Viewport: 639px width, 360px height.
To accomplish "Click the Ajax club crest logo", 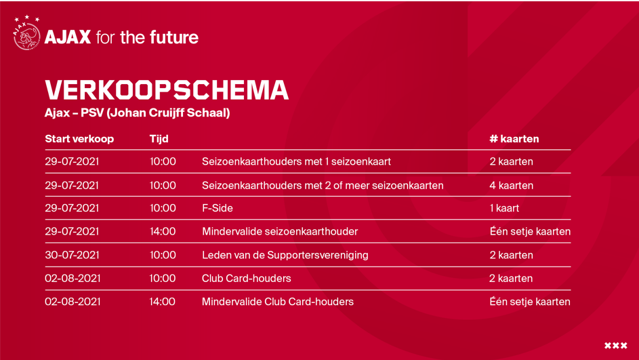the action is (27, 33).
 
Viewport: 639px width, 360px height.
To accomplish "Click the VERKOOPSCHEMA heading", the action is (167, 89).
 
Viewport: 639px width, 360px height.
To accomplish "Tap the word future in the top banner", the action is (174, 37).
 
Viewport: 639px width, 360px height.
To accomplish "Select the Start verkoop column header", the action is (79, 138).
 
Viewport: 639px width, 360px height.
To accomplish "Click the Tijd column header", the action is (159, 139).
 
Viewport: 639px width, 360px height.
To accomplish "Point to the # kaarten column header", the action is (514, 138).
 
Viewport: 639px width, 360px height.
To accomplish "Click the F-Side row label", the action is (218, 208).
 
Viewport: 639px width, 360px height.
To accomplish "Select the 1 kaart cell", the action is (505, 208).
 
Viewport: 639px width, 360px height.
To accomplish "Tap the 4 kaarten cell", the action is (512, 186).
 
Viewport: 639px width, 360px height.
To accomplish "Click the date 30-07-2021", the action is (72, 255).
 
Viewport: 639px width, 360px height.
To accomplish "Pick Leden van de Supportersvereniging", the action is (285, 255).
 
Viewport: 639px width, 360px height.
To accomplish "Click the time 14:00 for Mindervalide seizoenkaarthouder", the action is (163, 231).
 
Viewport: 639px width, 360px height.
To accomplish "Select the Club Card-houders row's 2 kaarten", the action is (511, 278).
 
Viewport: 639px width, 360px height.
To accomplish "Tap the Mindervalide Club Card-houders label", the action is (278, 302).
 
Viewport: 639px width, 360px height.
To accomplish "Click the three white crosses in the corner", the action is (616, 346).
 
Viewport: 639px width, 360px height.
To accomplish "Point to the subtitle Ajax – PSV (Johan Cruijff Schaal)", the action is (138, 113).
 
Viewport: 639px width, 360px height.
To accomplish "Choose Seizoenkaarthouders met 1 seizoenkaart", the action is (296, 161).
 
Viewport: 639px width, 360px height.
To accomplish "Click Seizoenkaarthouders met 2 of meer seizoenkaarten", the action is (323, 186).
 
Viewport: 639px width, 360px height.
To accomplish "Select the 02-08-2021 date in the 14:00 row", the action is (73, 302).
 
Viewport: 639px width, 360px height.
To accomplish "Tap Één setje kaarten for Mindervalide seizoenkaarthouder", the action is (530, 231).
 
